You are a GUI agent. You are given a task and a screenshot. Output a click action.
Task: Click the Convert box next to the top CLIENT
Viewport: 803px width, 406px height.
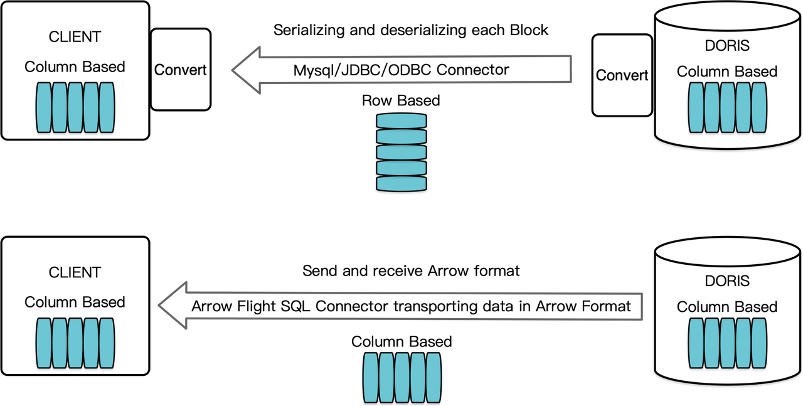pyautogui.click(x=181, y=70)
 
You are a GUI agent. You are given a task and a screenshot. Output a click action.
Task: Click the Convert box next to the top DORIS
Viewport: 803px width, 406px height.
pyautogui.click(x=622, y=75)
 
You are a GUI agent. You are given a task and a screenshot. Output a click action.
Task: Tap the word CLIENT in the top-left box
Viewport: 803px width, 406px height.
pyautogui.click(x=75, y=37)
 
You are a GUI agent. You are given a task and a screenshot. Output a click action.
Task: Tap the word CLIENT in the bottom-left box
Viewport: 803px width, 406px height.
pyautogui.click(x=75, y=272)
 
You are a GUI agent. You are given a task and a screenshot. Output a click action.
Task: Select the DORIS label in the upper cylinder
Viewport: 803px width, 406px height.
pyautogui.click(x=727, y=46)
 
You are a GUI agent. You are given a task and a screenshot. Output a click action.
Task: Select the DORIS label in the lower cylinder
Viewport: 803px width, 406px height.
pyautogui.click(x=727, y=281)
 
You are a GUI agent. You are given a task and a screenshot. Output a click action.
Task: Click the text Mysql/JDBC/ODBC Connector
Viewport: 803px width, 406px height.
pyautogui.click(x=401, y=70)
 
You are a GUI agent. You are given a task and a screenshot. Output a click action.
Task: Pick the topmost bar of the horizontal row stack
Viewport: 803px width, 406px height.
pyautogui.click(x=401, y=121)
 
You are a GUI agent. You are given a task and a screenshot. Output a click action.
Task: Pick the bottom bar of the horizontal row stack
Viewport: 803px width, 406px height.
pyautogui.click(x=401, y=183)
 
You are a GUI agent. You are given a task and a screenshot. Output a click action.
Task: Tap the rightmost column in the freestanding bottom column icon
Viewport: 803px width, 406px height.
pyautogui.click(x=433, y=377)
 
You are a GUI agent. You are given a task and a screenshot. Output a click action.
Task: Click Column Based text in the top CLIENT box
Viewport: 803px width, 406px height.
pyautogui.click(x=75, y=67)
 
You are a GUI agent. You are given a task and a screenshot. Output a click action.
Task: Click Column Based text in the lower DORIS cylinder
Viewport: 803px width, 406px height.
pyautogui.click(x=727, y=307)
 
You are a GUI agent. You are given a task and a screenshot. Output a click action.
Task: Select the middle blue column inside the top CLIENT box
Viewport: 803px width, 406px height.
pyautogui.click(x=75, y=107)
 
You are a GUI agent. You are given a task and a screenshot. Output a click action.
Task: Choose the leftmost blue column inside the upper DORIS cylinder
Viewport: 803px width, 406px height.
pyautogui.click(x=696, y=107)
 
